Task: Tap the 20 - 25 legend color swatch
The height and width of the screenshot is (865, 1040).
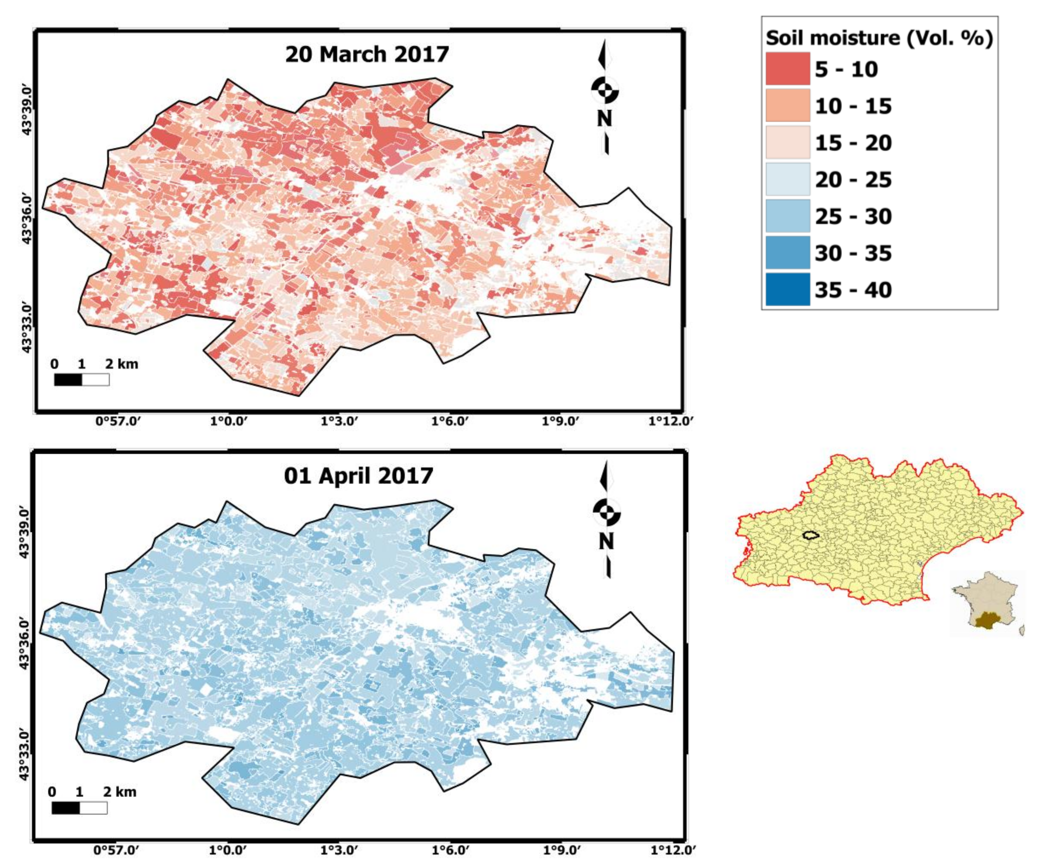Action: pyautogui.click(x=787, y=179)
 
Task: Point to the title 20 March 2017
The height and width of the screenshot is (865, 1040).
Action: pyautogui.click(x=367, y=54)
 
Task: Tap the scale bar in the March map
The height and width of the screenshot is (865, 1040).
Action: pyautogui.click(x=82, y=380)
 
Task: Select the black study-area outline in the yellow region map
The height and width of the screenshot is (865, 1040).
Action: pyautogui.click(x=811, y=535)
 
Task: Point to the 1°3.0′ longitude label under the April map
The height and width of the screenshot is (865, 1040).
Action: pyautogui.click(x=339, y=851)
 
